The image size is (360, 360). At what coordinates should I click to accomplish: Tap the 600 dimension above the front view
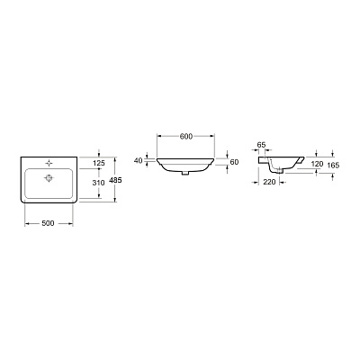(186, 136)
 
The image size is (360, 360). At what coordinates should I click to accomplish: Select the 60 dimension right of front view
(235, 161)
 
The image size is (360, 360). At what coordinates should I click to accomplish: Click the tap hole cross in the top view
(47, 163)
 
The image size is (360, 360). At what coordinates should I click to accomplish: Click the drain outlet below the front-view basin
(186, 175)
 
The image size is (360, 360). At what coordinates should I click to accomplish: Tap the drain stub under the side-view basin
(281, 175)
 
